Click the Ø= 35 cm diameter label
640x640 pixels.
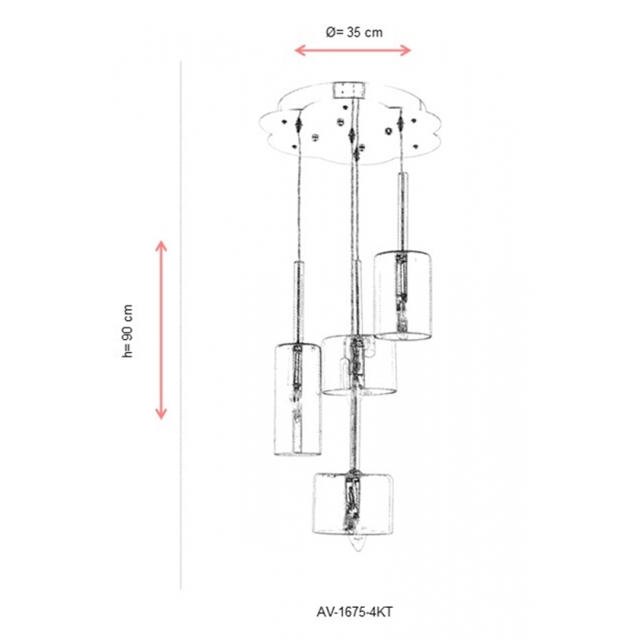point(355,32)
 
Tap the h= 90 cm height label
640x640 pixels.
point(128,331)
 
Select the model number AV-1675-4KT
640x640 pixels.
point(355,612)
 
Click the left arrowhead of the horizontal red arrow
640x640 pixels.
point(300,50)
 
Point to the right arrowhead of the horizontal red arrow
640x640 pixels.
point(406,50)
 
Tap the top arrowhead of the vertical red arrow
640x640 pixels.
point(162,246)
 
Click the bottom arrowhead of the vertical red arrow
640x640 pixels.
point(162,414)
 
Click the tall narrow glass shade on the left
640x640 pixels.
point(297,400)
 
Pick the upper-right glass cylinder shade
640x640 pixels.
point(403,295)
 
